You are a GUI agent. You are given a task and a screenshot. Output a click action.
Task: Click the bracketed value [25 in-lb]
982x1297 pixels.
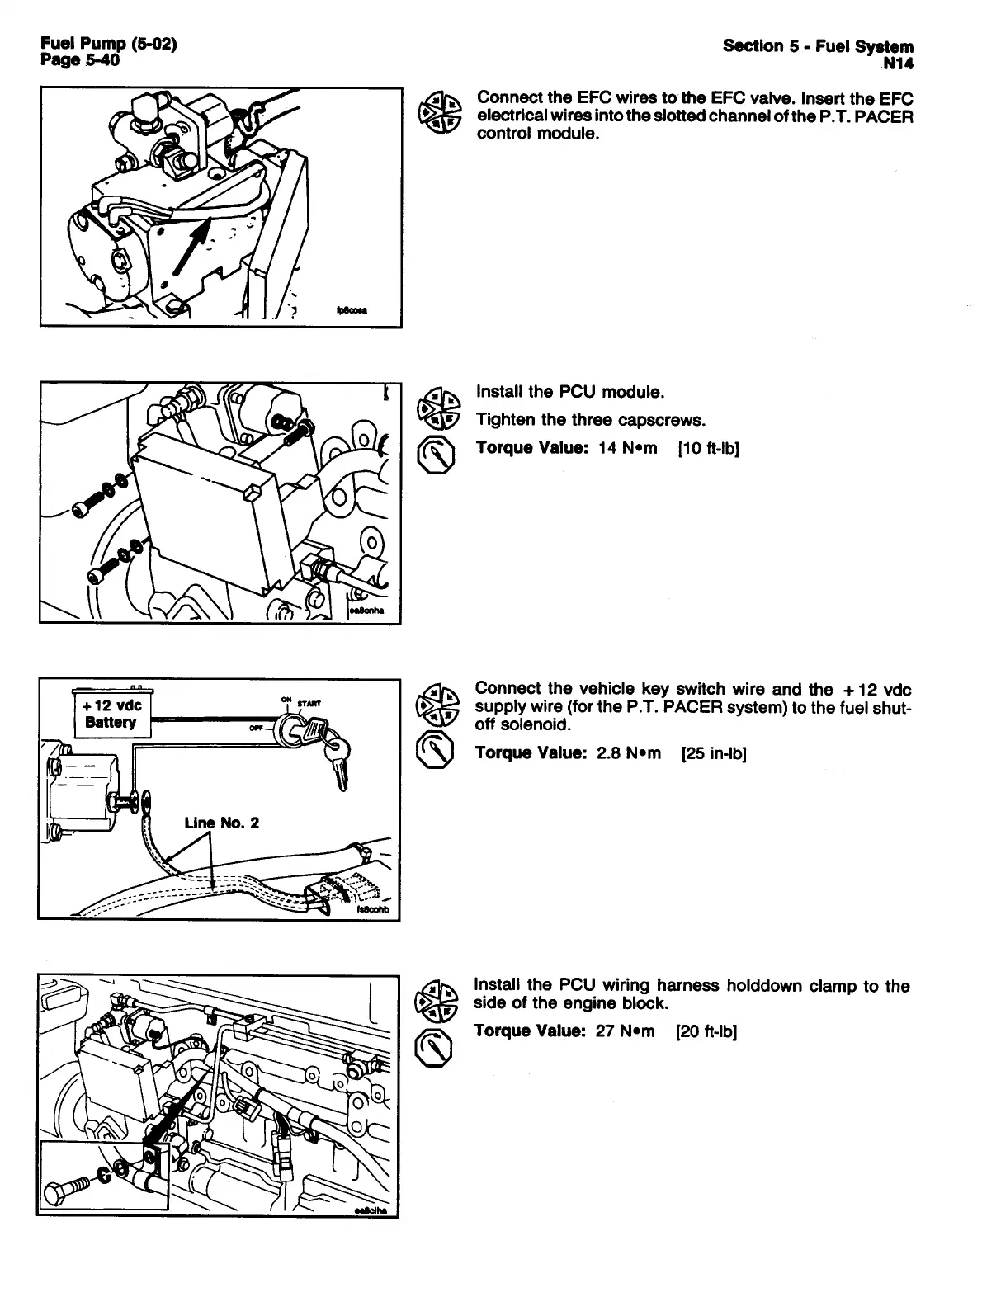coord(714,753)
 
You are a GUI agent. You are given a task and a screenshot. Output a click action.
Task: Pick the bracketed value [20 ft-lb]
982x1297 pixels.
coord(706,1031)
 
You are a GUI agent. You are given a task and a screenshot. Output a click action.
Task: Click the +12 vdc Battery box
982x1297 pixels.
coord(111,714)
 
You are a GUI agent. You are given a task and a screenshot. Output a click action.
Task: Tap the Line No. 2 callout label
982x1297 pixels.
coord(221,823)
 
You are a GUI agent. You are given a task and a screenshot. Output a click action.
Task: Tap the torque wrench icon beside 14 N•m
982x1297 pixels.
coord(435,453)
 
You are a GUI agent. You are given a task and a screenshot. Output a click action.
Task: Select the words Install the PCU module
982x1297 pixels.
coord(570,391)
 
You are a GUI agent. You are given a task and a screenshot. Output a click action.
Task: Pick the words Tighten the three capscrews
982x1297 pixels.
coord(590,420)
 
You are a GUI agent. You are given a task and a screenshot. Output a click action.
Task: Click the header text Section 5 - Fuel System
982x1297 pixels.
coord(818,46)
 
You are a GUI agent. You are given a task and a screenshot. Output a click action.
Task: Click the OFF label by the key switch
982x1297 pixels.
coord(257,729)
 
